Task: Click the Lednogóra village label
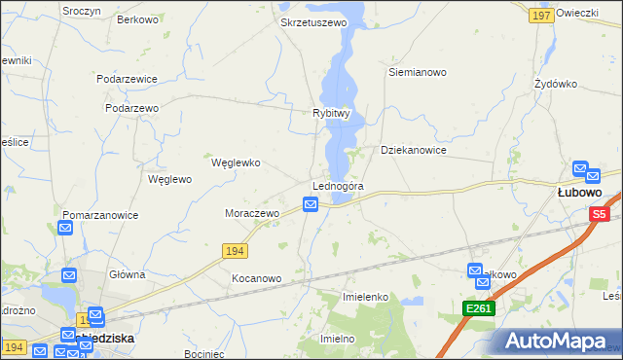[x=338, y=186]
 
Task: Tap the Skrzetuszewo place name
[x=313, y=21]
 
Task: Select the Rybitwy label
[x=331, y=113]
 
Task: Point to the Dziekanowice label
[x=413, y=151]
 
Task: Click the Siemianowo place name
[x=417, y=72]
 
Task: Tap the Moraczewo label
[x=252, y=212]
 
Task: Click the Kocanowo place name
[x=256, y=278]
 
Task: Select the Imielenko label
[x=366, y=296]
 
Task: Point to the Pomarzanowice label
[x=100, y=215]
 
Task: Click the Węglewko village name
[x=236, y=162]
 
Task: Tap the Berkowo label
[x=137, y=19]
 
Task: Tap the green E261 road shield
[x=479, y=308]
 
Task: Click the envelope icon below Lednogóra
[x=310, y=203]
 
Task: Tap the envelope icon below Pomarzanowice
[x=65, y=229]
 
